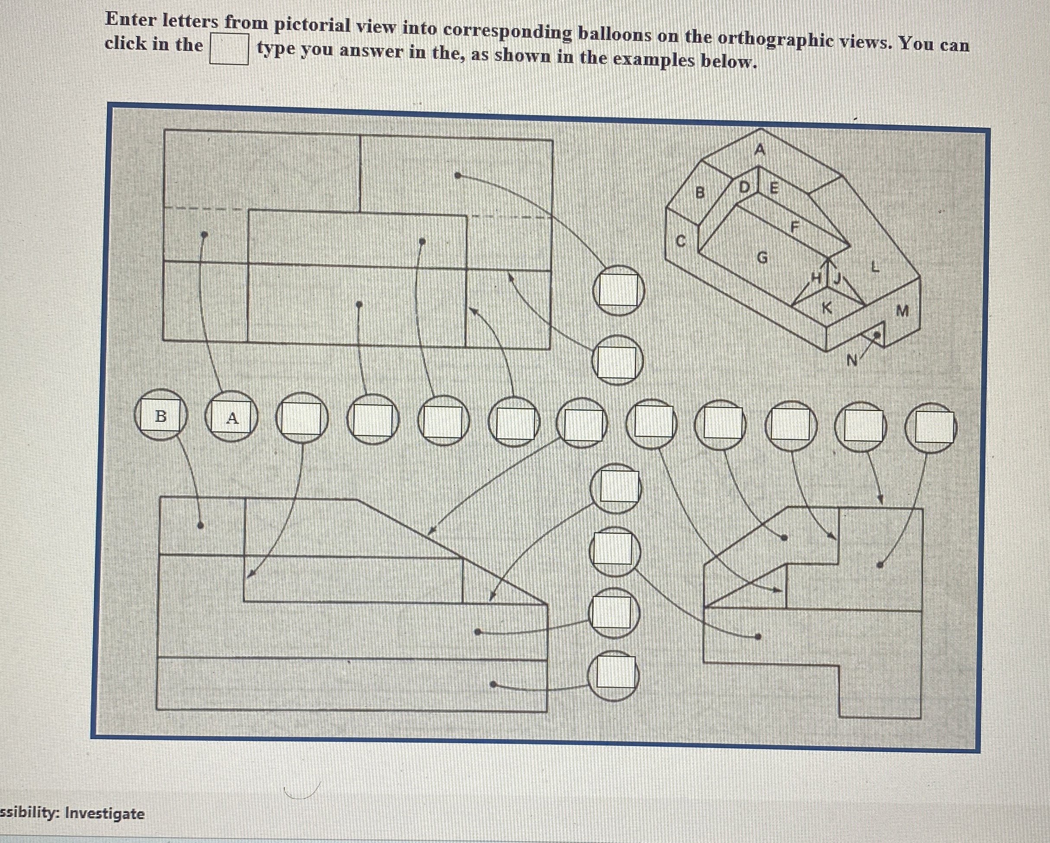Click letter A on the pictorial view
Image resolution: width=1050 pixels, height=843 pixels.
click(x=760, y=150)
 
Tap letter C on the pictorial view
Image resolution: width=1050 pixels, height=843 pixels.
click(x=681, y=241)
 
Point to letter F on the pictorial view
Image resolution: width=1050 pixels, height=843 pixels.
click(x=795, y=227)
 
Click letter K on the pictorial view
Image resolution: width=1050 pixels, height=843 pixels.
click(x=826, y=308)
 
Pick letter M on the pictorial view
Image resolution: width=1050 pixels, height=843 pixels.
click(x=902, y=310)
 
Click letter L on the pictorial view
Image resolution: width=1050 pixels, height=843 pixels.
click(x=875, y=267)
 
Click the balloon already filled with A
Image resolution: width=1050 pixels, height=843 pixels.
click(x=231, y=418)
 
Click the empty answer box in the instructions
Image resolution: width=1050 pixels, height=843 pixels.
click(x=229, y=49)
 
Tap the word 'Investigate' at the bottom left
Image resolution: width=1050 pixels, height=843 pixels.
click(x=105, y=813)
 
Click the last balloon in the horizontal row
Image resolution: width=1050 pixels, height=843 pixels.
click(x=931, y=428)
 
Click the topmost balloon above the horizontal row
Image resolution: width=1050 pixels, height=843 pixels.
click(x=618, y=290)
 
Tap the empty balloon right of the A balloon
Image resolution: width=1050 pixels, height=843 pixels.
click(x=302, y=418)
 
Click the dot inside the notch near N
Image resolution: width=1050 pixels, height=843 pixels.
click(x=877, y=335)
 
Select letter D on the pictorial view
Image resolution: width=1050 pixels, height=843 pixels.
click(x=744, y=187)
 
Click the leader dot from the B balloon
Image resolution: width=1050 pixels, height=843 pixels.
click(x=200, y=525)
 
